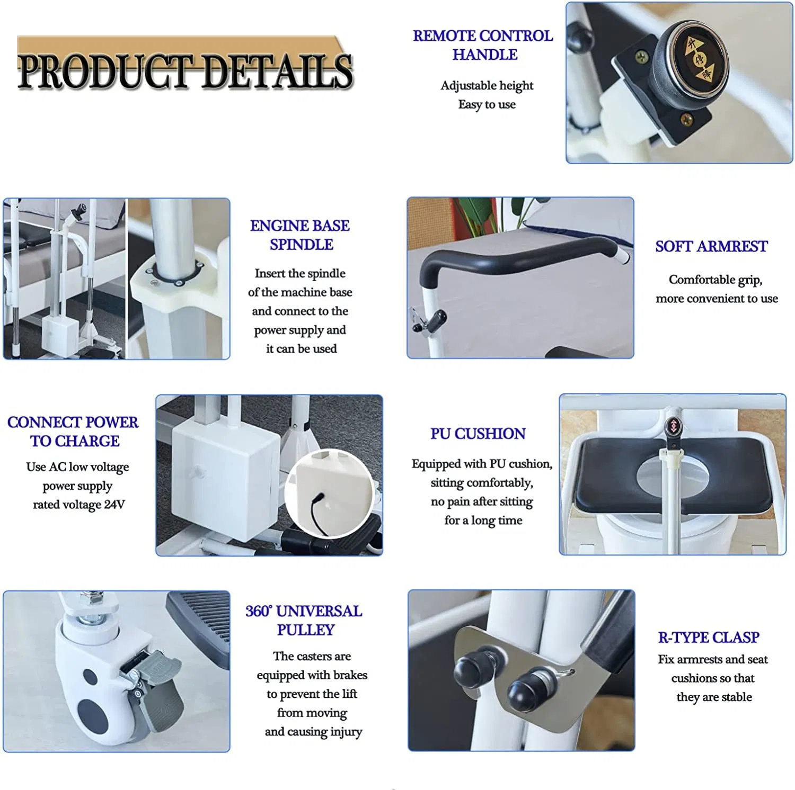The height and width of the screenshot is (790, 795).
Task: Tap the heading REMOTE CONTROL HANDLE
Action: tap(483, 45)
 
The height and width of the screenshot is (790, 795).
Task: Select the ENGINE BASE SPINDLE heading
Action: tap(300, 235)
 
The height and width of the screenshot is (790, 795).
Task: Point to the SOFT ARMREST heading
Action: tap(711, 246)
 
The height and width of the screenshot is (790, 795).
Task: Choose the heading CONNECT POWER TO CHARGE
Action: tap(73, 432)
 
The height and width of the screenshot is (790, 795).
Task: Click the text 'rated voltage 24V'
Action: tap(79, 505)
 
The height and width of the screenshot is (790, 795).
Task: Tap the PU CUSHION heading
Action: tap(478, 434)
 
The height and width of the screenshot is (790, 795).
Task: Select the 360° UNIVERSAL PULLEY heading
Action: tap(304, 620)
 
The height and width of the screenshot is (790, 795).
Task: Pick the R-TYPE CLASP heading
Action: tap(709, 637)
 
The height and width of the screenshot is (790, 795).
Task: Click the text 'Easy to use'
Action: tap(487, 104)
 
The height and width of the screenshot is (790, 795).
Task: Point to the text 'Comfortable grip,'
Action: tap(715, 280)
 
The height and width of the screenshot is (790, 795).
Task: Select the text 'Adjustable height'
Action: tap(487, 86)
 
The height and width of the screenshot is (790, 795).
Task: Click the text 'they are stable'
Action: tap(714, 697)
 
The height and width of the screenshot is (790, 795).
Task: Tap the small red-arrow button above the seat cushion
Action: tap(673, 426)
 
